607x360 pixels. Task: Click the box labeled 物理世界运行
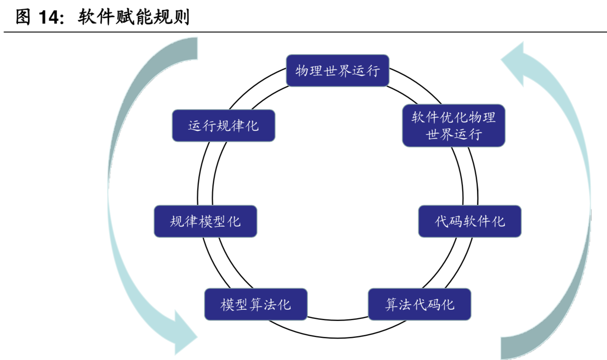337,71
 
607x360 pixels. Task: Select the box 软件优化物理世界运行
453,126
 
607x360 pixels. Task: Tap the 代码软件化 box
470,221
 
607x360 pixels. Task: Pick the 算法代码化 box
419,304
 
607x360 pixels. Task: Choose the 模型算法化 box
256,304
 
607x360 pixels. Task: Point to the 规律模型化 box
205,221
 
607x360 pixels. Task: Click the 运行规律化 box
224,126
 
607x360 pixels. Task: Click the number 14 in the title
49,17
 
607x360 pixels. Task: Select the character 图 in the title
23,17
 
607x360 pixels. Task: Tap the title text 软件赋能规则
133,17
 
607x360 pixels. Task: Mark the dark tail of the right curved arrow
519,346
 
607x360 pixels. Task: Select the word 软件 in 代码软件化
470,221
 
